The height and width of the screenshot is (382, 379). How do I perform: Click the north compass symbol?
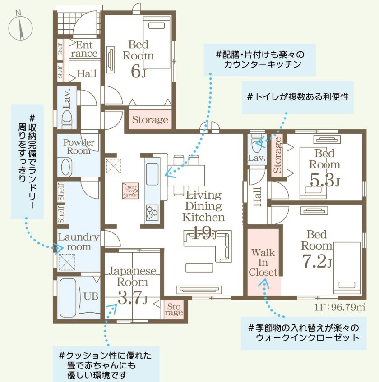coord(20,26)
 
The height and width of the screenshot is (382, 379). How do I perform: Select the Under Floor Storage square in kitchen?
coord(130,191)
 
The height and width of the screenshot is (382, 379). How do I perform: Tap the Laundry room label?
coord(79,242)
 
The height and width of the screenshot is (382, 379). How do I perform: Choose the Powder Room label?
coord(79,147)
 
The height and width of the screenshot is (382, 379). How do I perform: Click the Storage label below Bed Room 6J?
coord(150,120)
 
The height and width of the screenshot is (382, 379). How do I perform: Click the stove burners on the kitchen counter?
coord(151,211)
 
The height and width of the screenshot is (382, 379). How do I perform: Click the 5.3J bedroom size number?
coord(325,181)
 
